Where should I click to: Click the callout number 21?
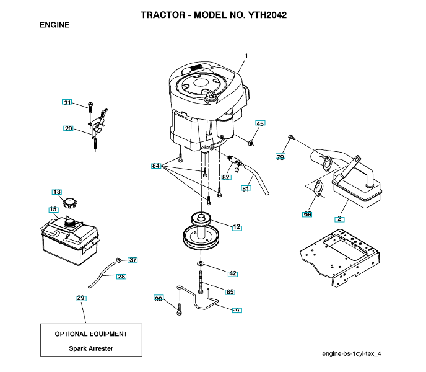[x=67, y=102]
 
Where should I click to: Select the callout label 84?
[x=155, y=166]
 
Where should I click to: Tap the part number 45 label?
[x=260, y=123]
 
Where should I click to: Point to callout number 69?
[x=307, y=214]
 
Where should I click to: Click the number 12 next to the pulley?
[x=237, y=227]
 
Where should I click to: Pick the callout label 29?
[x=81, y=298]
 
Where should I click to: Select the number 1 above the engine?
[x=246, y=56]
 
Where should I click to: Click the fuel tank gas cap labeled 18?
[x=70, y=203]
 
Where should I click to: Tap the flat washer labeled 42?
[x=201, y=263]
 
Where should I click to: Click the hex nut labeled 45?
[x=251, y=143]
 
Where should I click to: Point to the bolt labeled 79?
[x=291, y=137]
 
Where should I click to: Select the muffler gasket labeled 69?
[x=318, y=188]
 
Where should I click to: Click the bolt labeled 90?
[x=179, y=309]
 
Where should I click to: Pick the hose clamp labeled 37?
[x=118, y=260]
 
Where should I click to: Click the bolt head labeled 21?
[x=91, y=105]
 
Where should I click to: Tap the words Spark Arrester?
[x=91, y=348]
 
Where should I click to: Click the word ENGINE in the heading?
[x=54, y=25]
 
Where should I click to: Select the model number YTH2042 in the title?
[x=267, y=15]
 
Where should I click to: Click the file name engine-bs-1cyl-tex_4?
[x=351, y=353]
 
